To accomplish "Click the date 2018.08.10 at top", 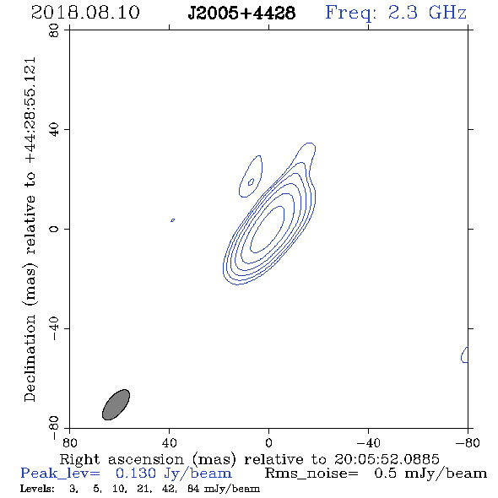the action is tap(85, 13).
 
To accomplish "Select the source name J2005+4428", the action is tap(241, 14).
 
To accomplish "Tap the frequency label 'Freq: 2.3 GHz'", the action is tap(396, 14).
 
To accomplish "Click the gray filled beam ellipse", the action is tap(116, 404).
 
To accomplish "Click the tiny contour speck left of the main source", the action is tap(172, 220).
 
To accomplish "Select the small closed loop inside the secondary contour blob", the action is tap(251, 181).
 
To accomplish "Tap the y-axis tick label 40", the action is tap(54, 130).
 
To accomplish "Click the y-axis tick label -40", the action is tap(54, 328).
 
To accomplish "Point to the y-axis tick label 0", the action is tap(54, 229).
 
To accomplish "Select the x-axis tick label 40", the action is tap(169, 443).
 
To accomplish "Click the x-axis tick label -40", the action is tap(368, 443).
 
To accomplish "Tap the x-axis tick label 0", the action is tap(268, 443).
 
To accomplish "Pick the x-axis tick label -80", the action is tap(468, 443).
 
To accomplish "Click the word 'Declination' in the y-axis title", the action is tap(30, 359).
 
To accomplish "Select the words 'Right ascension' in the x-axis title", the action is tap(122, 460).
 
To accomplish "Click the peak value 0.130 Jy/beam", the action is tap(173, 474).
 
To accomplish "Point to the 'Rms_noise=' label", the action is tap(311, 474).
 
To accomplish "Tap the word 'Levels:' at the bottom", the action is tap(37, 489).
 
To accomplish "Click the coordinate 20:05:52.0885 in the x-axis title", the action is tap(387, 459).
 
